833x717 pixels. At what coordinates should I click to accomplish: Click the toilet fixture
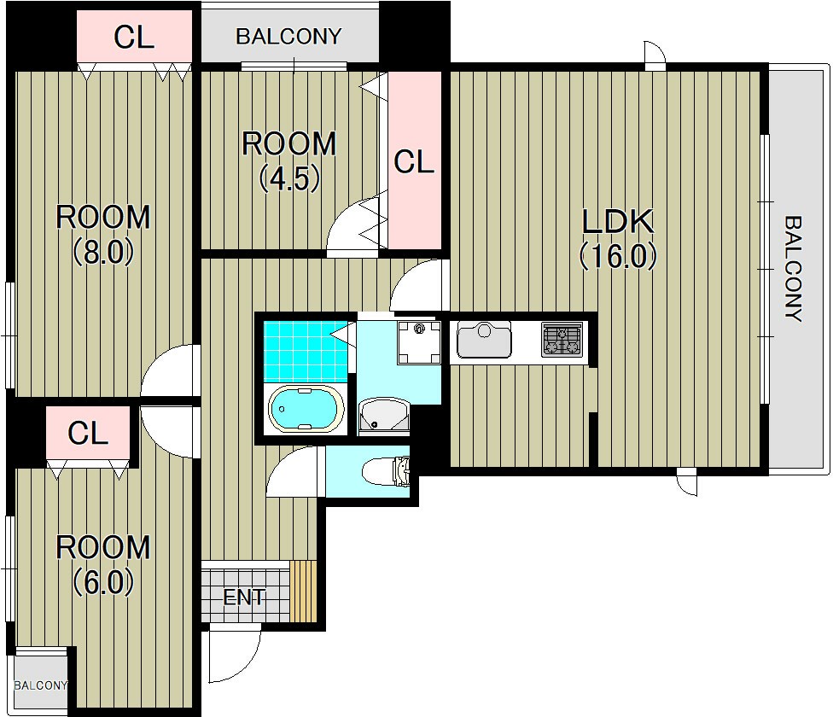[387, 472]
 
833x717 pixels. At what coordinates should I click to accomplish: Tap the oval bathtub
[306, 408]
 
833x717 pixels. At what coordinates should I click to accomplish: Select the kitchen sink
[484, 340]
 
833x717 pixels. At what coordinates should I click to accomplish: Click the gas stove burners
[562, 340]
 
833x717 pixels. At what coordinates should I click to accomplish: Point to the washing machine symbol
[419, 342]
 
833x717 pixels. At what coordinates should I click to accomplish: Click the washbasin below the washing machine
[383, 416]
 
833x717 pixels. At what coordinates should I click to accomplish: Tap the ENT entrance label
[243, 597]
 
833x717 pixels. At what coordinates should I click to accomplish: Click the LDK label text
[618, 222]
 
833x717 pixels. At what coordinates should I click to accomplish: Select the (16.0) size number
[618, 257]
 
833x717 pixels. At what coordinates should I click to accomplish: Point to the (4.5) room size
[289, 178]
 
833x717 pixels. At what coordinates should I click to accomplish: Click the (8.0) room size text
[103, 253]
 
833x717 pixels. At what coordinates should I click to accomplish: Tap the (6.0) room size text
[103, 583]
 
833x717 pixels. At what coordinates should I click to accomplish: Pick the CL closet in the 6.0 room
[88, 433]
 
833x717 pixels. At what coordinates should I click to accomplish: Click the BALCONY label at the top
[288, 37]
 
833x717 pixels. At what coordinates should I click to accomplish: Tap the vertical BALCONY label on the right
[793, 268]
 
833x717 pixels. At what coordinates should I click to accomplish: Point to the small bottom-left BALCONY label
[41, 685]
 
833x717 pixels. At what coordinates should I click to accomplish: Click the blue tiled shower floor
[306, 351]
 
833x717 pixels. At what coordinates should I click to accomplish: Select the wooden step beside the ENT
[303, 592]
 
